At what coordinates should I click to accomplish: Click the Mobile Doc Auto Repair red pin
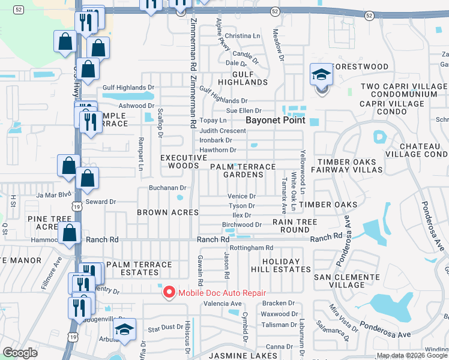[x=169, y=292]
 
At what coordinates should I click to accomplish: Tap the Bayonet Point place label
[x=276, y=120]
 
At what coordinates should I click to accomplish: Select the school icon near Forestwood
[x=321, y=76]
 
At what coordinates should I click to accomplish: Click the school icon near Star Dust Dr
[x=125, y=329]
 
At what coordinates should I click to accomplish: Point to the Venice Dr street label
[x=242, y=196]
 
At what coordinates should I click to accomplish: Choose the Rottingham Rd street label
[x=252, y=247]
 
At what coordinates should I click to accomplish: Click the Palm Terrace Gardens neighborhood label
[x=243, y=170]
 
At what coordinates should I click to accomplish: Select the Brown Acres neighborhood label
[x=167, y=212]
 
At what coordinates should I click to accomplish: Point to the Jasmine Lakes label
[x=237, y=356]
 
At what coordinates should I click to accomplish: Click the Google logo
[x=20, y=353]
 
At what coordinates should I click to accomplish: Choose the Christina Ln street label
[x=243, y=36]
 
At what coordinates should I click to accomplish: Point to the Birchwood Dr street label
[x=242, y=225]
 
